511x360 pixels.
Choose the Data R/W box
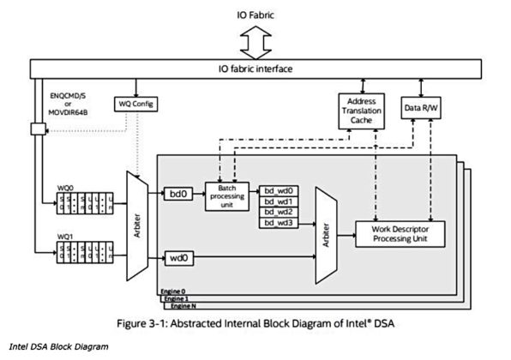[422, 107]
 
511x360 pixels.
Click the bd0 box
[178, 195]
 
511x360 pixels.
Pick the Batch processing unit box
[227, 195]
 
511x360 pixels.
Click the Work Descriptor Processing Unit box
[401, 232]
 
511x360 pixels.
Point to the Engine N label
[183, 306]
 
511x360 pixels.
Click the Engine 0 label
[174, 292]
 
